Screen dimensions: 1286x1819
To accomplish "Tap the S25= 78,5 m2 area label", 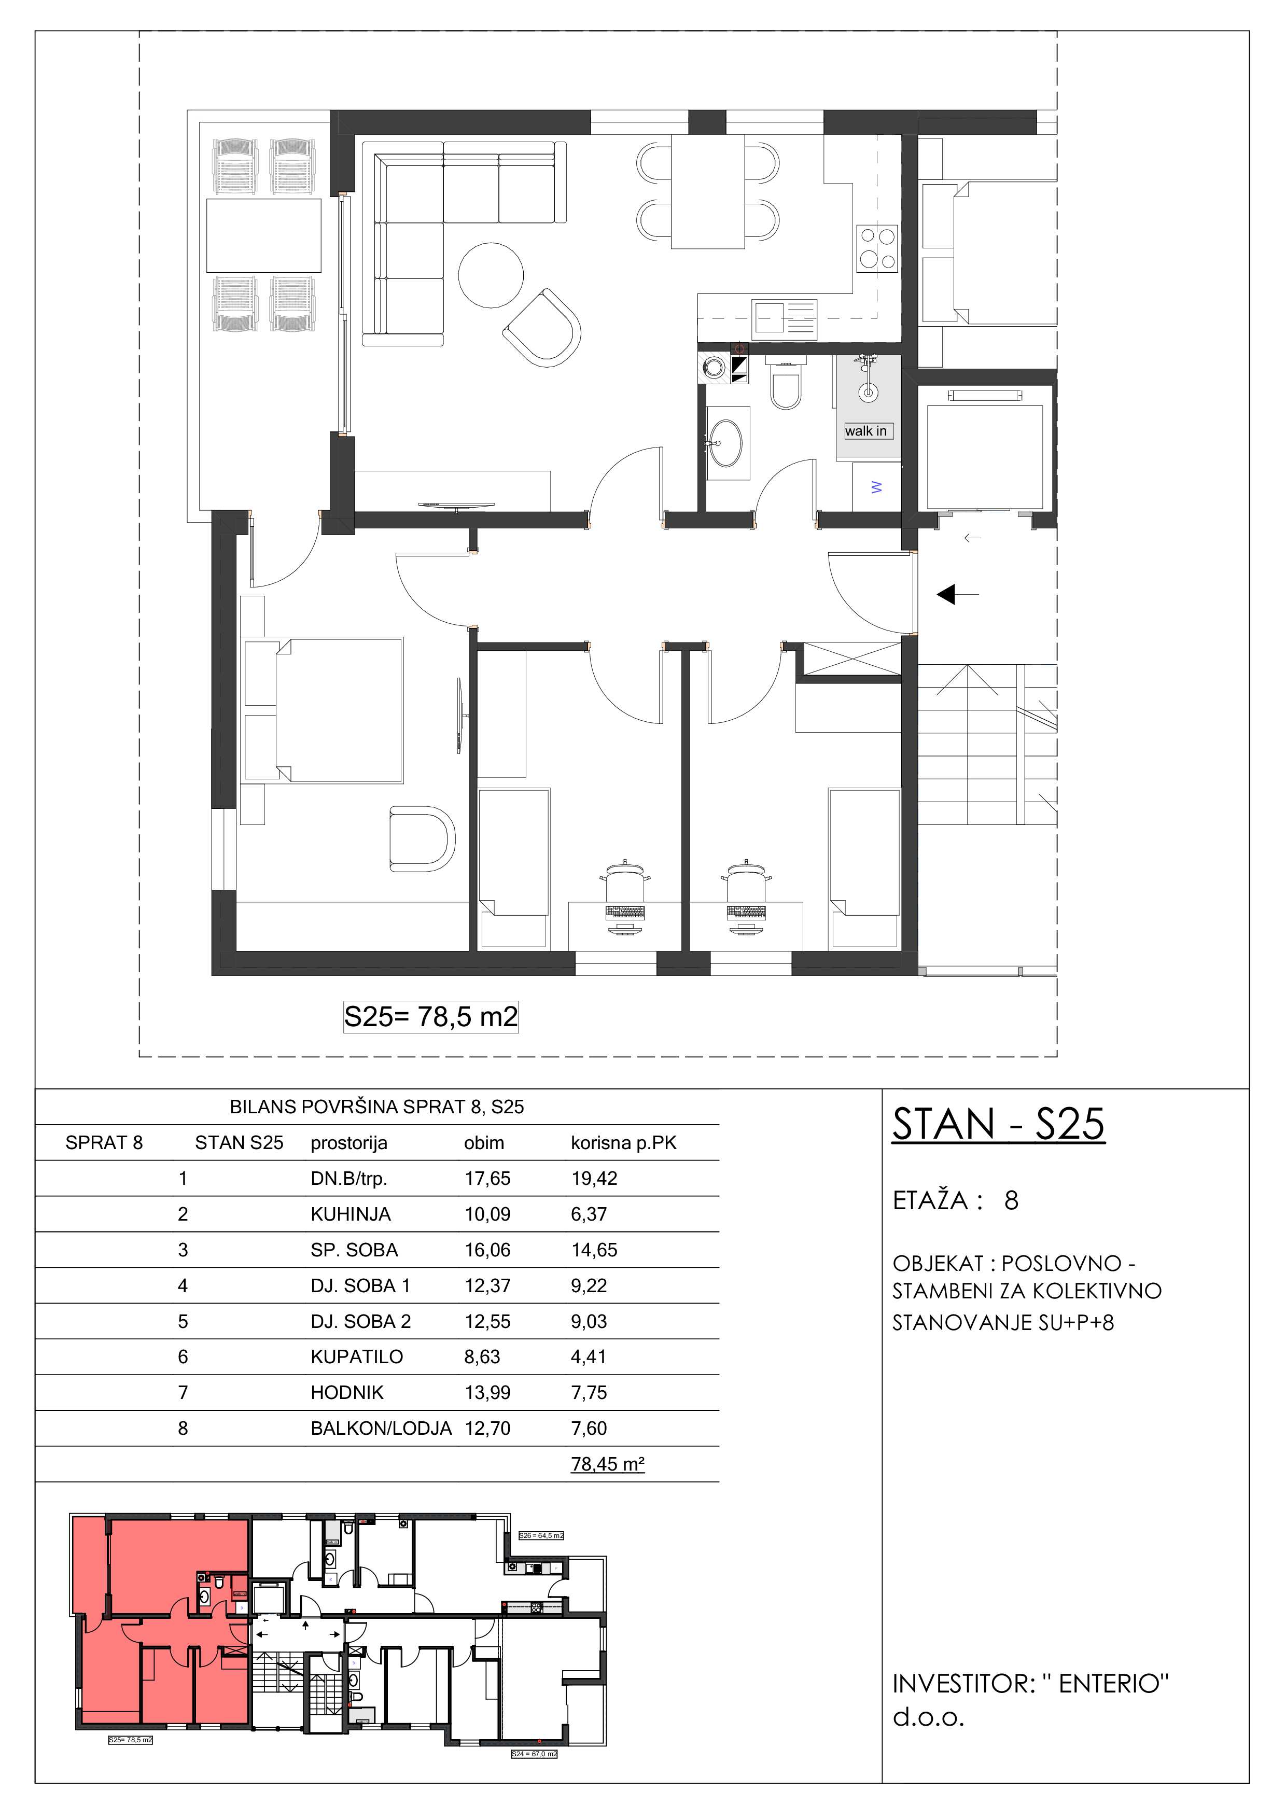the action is pos(430,1016).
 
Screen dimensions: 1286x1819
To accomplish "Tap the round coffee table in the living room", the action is pos(491,274).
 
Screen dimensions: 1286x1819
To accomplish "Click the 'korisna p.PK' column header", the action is pos(624,1143).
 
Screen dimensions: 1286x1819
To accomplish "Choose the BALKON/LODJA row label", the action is pos(381,1429).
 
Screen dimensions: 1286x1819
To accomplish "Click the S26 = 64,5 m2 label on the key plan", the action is pos(541,1535).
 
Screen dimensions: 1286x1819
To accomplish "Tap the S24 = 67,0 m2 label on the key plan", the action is pos(534,1754).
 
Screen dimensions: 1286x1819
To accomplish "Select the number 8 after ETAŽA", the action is pos(1011,1200).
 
